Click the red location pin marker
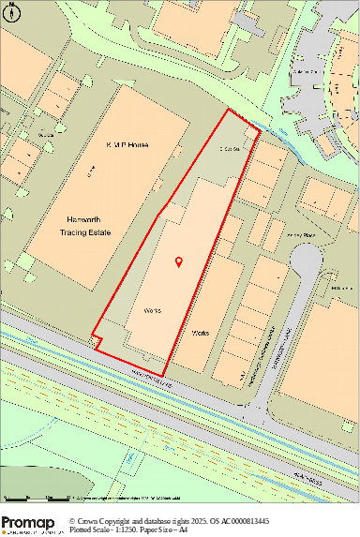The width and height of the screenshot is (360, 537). (178, 262)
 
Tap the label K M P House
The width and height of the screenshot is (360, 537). (131, 145)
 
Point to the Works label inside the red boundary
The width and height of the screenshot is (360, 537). (155, 308)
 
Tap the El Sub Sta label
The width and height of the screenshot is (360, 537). (231, 148)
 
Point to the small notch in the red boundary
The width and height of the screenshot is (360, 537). (97, 339)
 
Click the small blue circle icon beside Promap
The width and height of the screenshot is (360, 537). (73, 520)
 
